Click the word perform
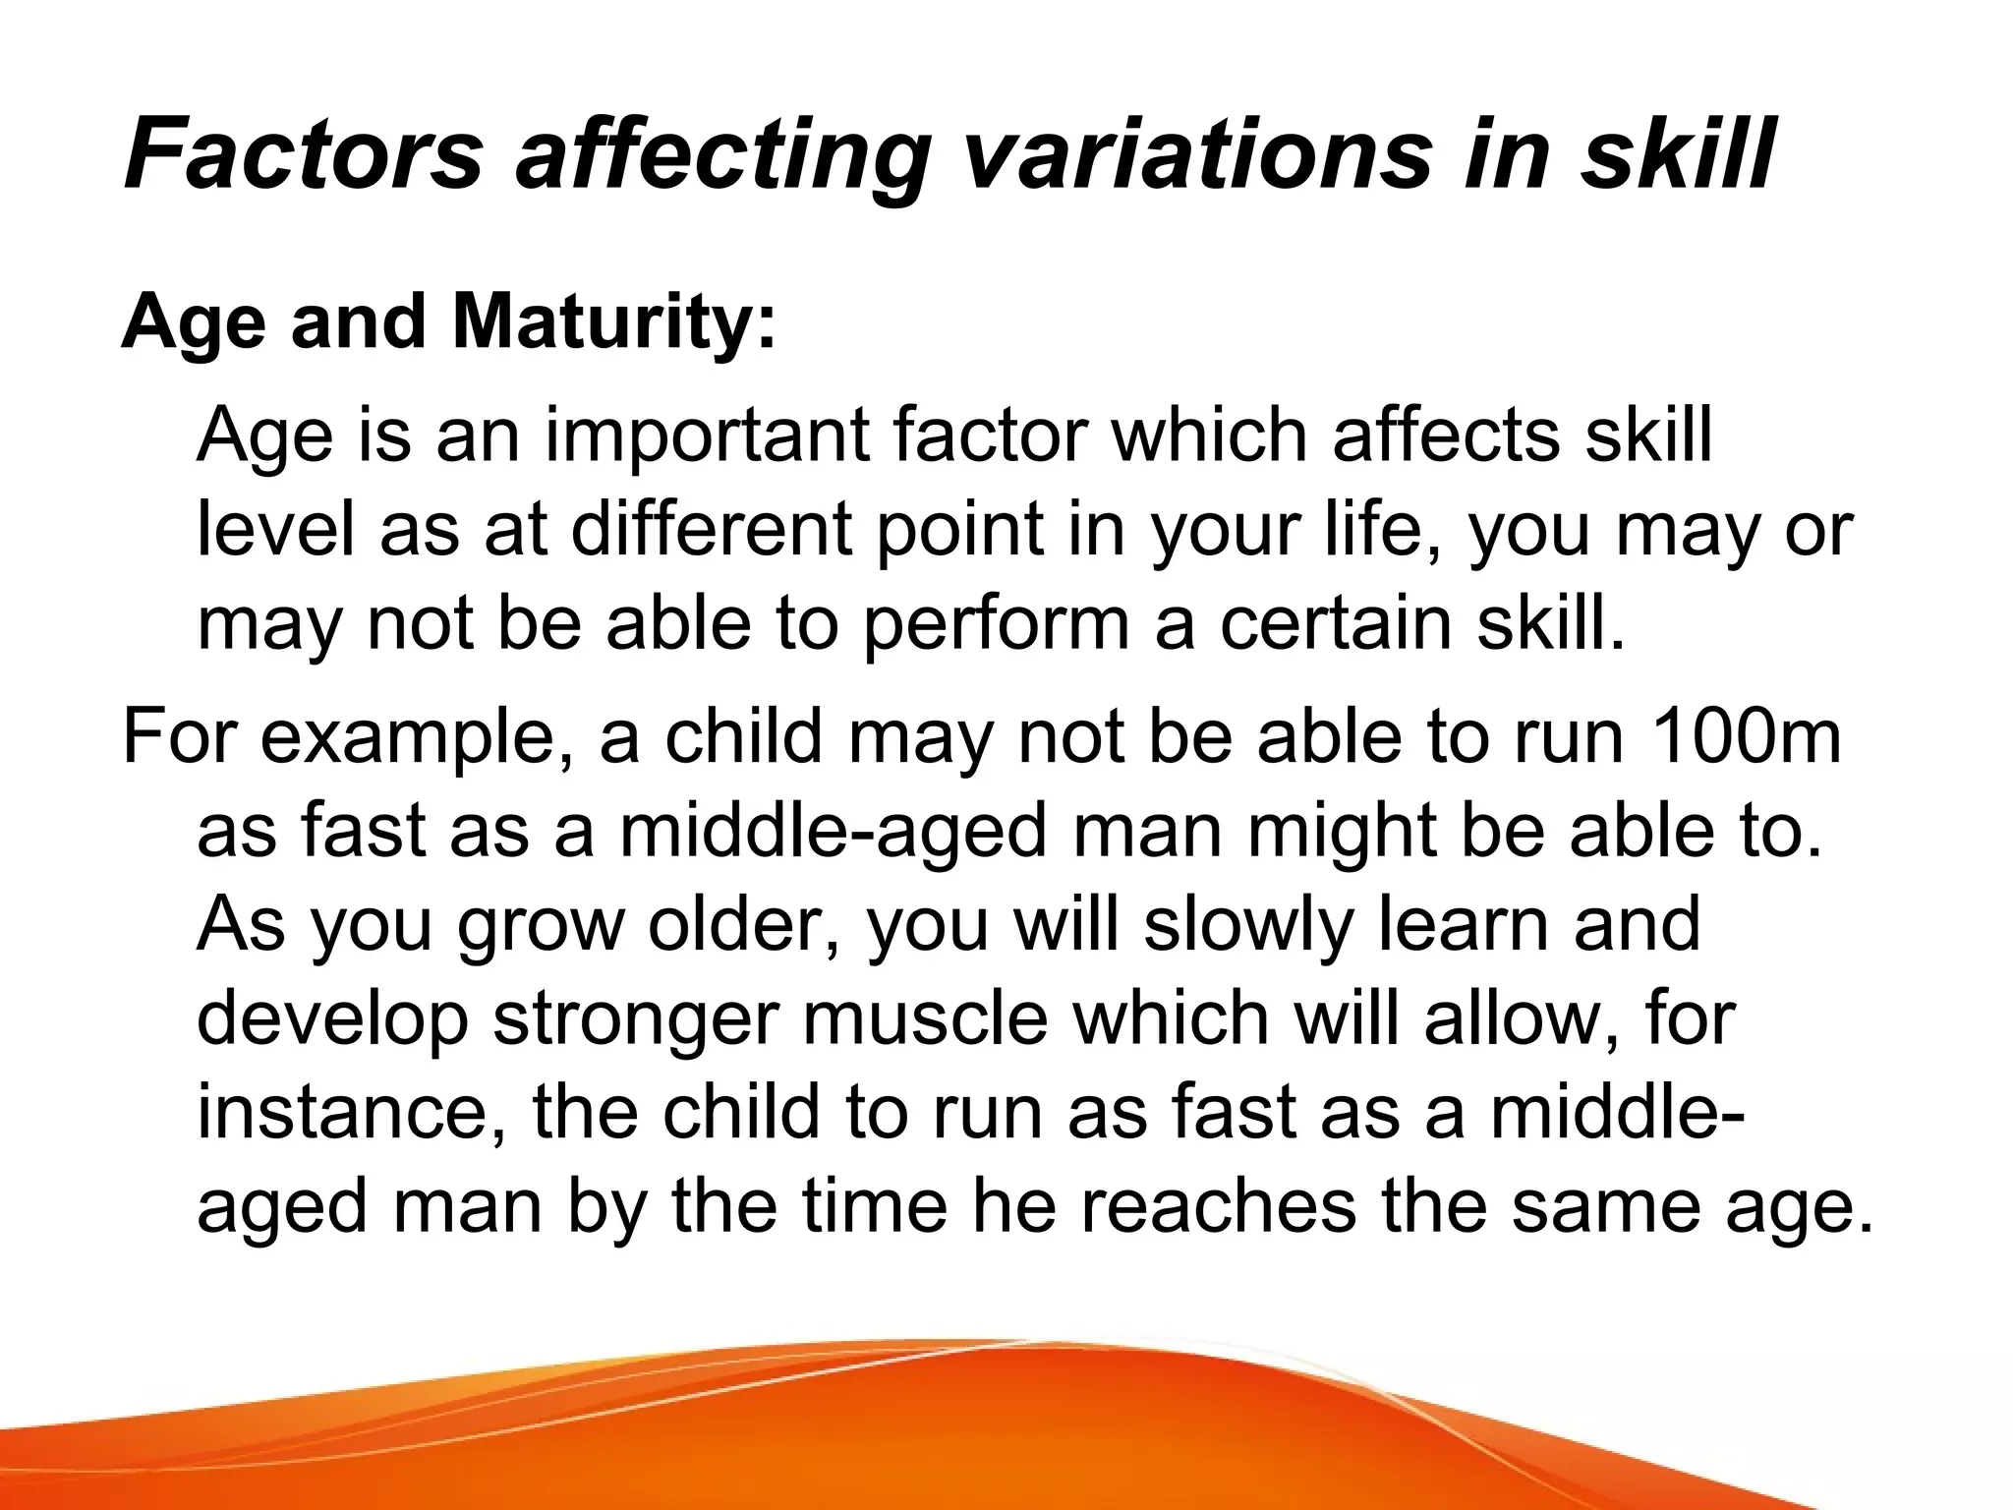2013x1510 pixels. point(996,624)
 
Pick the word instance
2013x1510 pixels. point(353,1112)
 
